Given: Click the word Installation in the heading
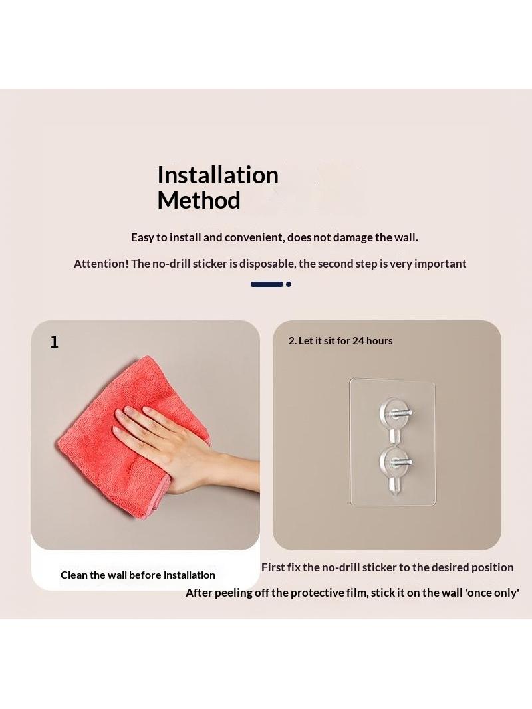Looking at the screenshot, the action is pyautogui.click(x=217, y=175).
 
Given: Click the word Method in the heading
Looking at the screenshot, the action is pyautogui.click(x=199, y=200).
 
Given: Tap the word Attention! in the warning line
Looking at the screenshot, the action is pyautogui.click(x=101, y=264).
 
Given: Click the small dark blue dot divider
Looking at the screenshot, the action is pyautogui.click(x=289, y=284).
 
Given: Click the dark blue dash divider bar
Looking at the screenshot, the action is pyautogui.click(x=267, y=284).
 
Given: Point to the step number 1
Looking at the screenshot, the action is pyautogui.click(x=55, y=342).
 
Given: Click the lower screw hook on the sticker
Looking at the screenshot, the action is pyautogui.click(x=394, y=464).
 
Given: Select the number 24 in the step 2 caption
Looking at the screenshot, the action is pyautogui.click(x=358, y=341).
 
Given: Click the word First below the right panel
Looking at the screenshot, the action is pyautogui.click(x=273, y=567).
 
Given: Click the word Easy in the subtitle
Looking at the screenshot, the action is pyautogui.click(x=142, y=238).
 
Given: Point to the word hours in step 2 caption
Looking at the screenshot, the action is pyautogui.click(x=380, y=341).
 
